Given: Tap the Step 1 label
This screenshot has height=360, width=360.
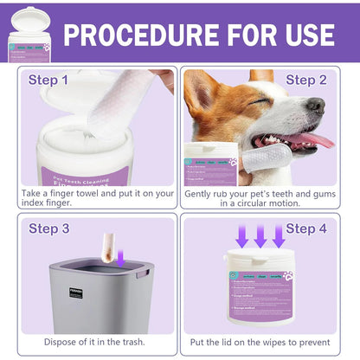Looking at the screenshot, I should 48,80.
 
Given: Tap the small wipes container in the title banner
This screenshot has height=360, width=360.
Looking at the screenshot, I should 29,35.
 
